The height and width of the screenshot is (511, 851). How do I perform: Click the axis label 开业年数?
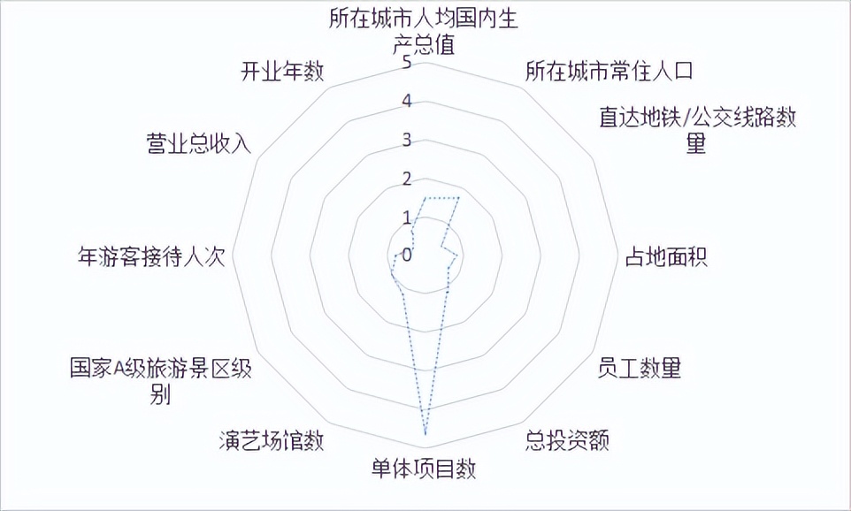[282, 72]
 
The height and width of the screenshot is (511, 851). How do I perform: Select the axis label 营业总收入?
[199, 143]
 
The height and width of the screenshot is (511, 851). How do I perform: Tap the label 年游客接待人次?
[152, 256]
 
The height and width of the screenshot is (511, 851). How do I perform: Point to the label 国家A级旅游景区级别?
[160, 381]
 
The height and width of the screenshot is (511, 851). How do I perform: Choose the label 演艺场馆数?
[271, 439]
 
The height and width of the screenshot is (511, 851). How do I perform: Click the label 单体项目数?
[424, 469]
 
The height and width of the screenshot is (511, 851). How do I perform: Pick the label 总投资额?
[567, 439]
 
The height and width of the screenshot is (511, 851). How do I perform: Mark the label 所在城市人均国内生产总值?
[424, 32]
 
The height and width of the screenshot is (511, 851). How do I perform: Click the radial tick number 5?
[406, 63]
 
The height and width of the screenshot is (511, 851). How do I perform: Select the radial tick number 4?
[406, 102]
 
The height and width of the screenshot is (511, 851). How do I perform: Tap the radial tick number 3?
[406, 140]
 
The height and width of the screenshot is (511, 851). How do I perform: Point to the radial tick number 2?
[406, 179]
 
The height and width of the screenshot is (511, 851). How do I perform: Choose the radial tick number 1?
[406, 217]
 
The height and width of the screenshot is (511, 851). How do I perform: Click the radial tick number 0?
[406, 255]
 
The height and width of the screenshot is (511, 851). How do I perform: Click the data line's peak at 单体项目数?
[425, 434]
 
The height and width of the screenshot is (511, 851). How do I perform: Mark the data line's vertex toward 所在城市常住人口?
[459, 197]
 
